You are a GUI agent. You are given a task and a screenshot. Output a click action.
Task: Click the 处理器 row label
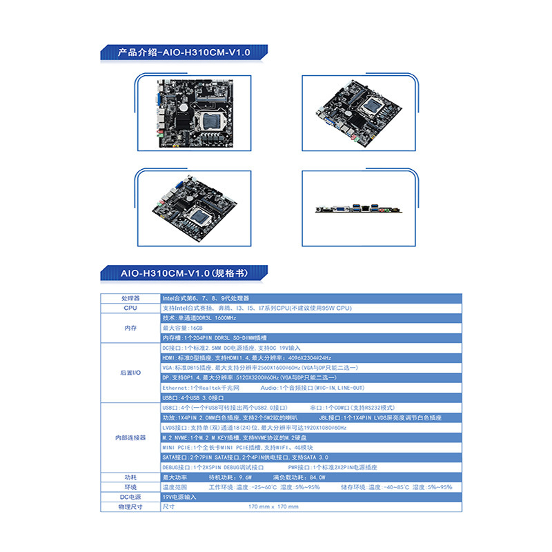pyautogui.click(x=131, y=298)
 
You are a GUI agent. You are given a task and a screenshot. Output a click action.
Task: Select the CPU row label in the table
pyautogui.click(x=131, y=308)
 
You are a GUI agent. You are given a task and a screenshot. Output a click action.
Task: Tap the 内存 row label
pyautogui.click(x=131, y=328)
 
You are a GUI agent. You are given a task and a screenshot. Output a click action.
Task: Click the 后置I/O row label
pyautogui.click(x=131, y=373)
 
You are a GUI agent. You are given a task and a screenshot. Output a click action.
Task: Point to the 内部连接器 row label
pyautogui.click(x=131, y=438)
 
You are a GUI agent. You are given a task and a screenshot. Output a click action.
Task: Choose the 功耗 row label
pyautogui.click(x=131, y=477)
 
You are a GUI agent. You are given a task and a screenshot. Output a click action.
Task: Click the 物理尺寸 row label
pyautogui.click(x=131, y=506)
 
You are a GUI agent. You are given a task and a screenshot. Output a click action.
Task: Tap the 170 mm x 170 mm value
pyautogui.click(x=273, y=506)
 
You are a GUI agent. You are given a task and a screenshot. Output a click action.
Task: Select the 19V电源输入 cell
pyautogui.click(x=179, y=497)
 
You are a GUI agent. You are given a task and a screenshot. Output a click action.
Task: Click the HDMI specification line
pyautogui.click(x=246, y=358)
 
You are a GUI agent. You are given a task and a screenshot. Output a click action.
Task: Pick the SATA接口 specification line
pyautogui.click(x=245, y=457)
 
